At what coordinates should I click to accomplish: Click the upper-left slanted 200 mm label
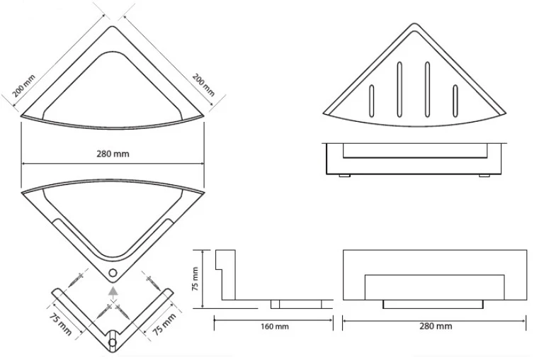coord(23,86)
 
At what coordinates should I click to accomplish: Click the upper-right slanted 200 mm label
coord(203,84)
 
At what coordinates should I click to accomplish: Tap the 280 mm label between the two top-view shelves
coord(113,154)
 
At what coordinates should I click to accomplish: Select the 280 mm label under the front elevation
coord(436,326)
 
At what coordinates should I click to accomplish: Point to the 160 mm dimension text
coord(275,326)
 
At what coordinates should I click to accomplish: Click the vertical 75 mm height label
coord(195,279)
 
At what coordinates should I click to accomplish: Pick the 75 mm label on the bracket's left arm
coord(60,324)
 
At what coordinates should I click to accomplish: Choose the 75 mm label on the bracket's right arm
coord(164,324)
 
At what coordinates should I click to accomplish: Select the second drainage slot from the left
coord(399,90)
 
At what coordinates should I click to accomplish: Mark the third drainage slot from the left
coord(427,90)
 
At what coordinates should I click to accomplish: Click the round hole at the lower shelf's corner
coord(113,273)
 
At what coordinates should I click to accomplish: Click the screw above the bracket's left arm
coord(76,279)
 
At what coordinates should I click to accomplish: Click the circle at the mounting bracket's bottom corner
coord(113,343)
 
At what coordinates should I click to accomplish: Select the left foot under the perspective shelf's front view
coord(344,176)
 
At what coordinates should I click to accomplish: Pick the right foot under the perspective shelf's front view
coord(484,176)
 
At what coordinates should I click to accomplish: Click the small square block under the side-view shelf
coord(275,304)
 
